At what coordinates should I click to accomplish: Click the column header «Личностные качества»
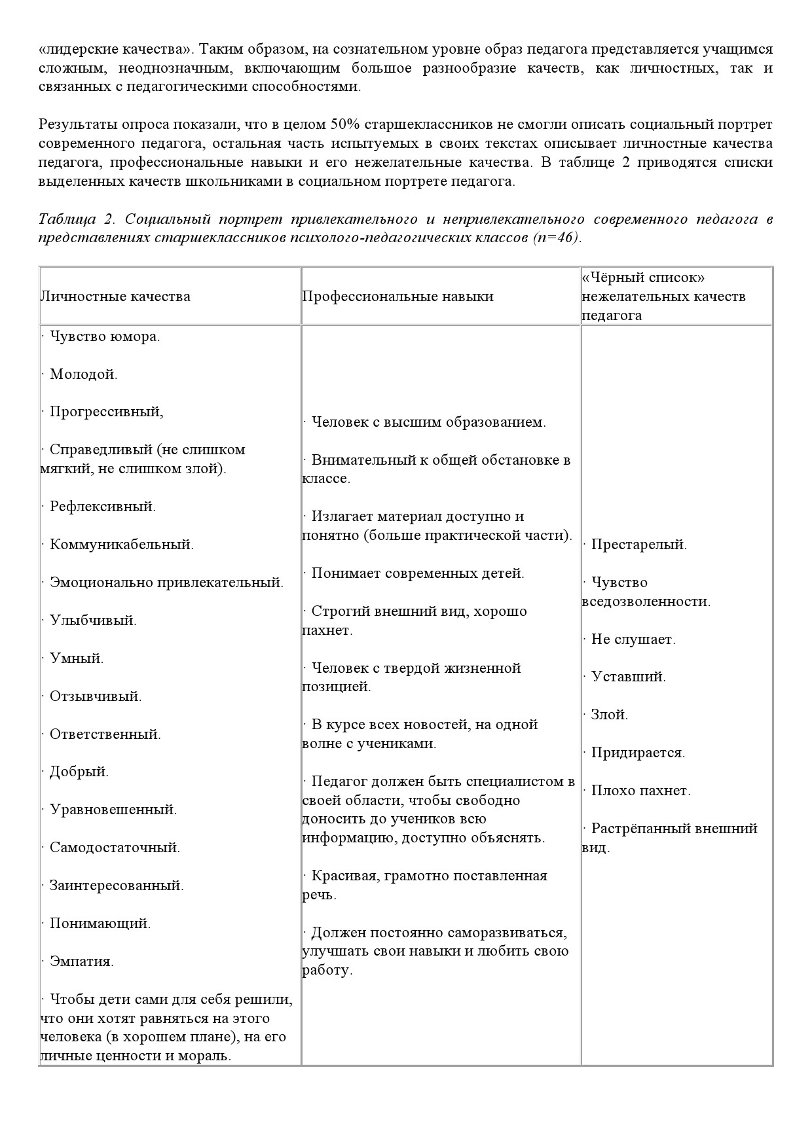(115, 296)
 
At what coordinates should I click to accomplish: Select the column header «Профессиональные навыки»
(397, 296)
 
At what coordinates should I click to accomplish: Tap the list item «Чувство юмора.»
(105, 337)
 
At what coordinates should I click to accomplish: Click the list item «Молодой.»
(83, 374)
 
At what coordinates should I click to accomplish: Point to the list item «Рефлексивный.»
(102, 507)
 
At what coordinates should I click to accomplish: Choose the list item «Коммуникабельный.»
(121, 545)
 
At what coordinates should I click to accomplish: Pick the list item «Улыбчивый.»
(93, 620)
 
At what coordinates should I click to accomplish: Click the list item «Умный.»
(77, 658)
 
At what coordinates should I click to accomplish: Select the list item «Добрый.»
(79, 772)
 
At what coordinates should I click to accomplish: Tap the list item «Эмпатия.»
(81, 961)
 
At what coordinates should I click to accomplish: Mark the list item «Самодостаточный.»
(115, 848)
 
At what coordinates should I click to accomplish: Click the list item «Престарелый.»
(638, 545)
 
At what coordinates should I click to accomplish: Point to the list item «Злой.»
(609, 715)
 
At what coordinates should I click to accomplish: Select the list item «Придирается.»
(638, 753)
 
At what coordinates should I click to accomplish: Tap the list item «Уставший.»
(628, 677)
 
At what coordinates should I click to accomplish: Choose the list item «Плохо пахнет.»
(640, 791)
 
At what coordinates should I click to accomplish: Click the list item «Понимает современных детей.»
(418, 573)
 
